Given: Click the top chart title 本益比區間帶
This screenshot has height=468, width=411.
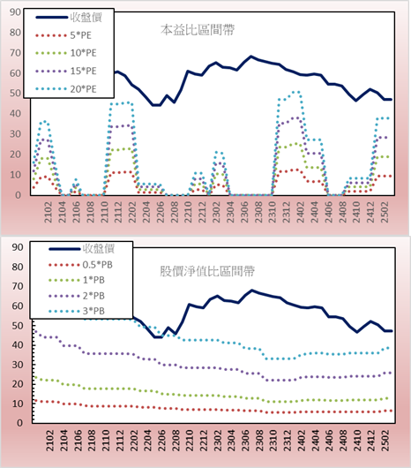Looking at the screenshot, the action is pos(198,30).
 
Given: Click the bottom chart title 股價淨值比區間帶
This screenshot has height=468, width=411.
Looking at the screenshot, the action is pos(207,271).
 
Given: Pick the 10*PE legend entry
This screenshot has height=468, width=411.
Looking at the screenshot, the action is pos(66,53).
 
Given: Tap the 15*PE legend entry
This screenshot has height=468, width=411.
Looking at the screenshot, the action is pos(66,71).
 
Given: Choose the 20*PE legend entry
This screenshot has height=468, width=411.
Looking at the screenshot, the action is pos(66,89).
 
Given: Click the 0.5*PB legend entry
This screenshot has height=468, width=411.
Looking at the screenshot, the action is pos(80,265).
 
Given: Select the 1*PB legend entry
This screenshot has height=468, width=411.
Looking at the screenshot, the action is pos(77,280).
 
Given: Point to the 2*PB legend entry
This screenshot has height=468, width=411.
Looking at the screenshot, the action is pos(77,296).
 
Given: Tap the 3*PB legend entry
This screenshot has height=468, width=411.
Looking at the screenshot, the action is pos(77,311).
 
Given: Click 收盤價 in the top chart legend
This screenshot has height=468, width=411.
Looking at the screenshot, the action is pos(86,18).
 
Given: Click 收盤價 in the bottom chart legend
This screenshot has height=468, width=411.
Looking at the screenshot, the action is pos(99,249).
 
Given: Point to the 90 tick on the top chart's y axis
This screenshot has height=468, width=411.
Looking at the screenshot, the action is pos(15,12).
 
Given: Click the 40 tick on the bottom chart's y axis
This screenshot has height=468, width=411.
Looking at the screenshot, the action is pos(18,345).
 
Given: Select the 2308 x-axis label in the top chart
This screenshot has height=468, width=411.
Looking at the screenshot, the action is pos(258,212).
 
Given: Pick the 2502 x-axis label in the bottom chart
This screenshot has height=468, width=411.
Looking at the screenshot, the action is pos(386,441).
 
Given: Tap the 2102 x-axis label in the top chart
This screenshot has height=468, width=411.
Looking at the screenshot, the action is pos(49,212).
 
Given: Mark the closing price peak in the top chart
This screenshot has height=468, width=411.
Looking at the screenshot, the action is pos(251,57).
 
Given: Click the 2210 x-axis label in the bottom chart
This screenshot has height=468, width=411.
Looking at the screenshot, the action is pos(190,441).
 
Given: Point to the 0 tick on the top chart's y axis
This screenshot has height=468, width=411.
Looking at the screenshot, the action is pos(19,195).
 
